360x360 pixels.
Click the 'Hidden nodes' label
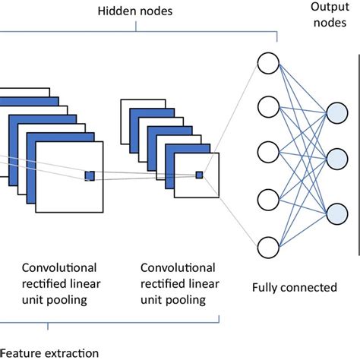tap(135, 12)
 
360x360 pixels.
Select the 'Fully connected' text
tap(294, 288)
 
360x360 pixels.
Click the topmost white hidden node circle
tap(269, 62)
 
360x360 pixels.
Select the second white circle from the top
tap(269, 107)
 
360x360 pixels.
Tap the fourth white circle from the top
tap(269, 201)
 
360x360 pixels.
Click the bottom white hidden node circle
tap(269, 247)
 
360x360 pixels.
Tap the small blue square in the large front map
tap(90, 175)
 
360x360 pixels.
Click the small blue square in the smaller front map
tap(200, 175)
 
